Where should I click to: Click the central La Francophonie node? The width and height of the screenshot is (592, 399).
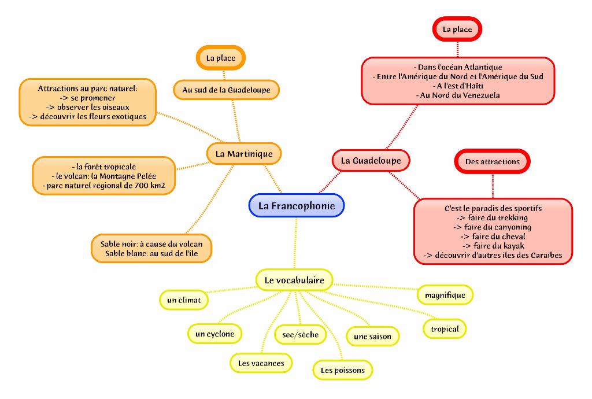tap(296, 205)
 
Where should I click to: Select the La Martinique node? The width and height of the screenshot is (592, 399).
tap(243, 154)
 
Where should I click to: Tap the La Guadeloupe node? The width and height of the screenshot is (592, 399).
tap(371, 160)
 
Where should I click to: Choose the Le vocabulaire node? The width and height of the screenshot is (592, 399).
tap(294, 280)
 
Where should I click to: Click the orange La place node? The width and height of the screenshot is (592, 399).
tap(221, 58)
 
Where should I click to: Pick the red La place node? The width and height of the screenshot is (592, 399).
tap(457, 29)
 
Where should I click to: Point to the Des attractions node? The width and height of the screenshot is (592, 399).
tap(493, 161)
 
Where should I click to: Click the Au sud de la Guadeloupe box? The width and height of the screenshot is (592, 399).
tap(226, 90)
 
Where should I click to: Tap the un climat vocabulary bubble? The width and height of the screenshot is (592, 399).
tap(184, 300)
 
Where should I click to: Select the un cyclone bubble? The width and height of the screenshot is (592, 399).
tap(214, 334)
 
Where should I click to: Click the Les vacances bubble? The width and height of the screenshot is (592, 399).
tap(261, 363)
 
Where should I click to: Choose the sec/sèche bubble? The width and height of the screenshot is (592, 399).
tap(301, 334)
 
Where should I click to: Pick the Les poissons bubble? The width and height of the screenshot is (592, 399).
tap(343, 370)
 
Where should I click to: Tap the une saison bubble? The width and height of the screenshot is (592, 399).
tap(372, 336)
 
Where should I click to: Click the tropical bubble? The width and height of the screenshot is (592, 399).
tap(445, 329)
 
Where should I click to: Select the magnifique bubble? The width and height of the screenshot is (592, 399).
tap(445, 295)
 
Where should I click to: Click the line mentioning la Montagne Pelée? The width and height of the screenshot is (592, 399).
tap(106, 176)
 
